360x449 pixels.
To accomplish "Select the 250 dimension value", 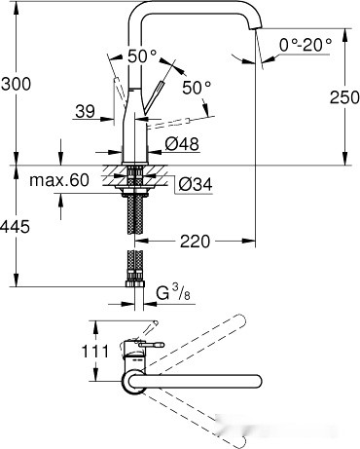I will pyautogui.click(x=336, y=96).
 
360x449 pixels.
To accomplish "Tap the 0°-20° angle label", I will pyautogui.click(x=304, y=45).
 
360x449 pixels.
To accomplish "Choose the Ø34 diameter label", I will pyautogui.click(x=193, y=181).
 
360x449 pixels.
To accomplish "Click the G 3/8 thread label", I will pyautogui.click(x=176, y=291).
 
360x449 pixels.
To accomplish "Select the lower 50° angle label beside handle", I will pyautogui.click(x=196, y=88).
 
